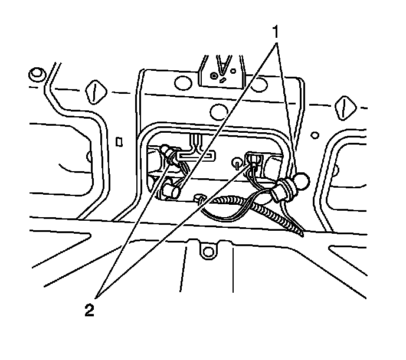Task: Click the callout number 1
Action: [276, 30]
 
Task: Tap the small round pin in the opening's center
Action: [236, 161]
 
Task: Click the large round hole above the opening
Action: [219, 109]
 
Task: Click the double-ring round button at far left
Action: [36, 74]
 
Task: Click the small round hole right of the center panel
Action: [316, 135]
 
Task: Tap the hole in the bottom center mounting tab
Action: [207, 252]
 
